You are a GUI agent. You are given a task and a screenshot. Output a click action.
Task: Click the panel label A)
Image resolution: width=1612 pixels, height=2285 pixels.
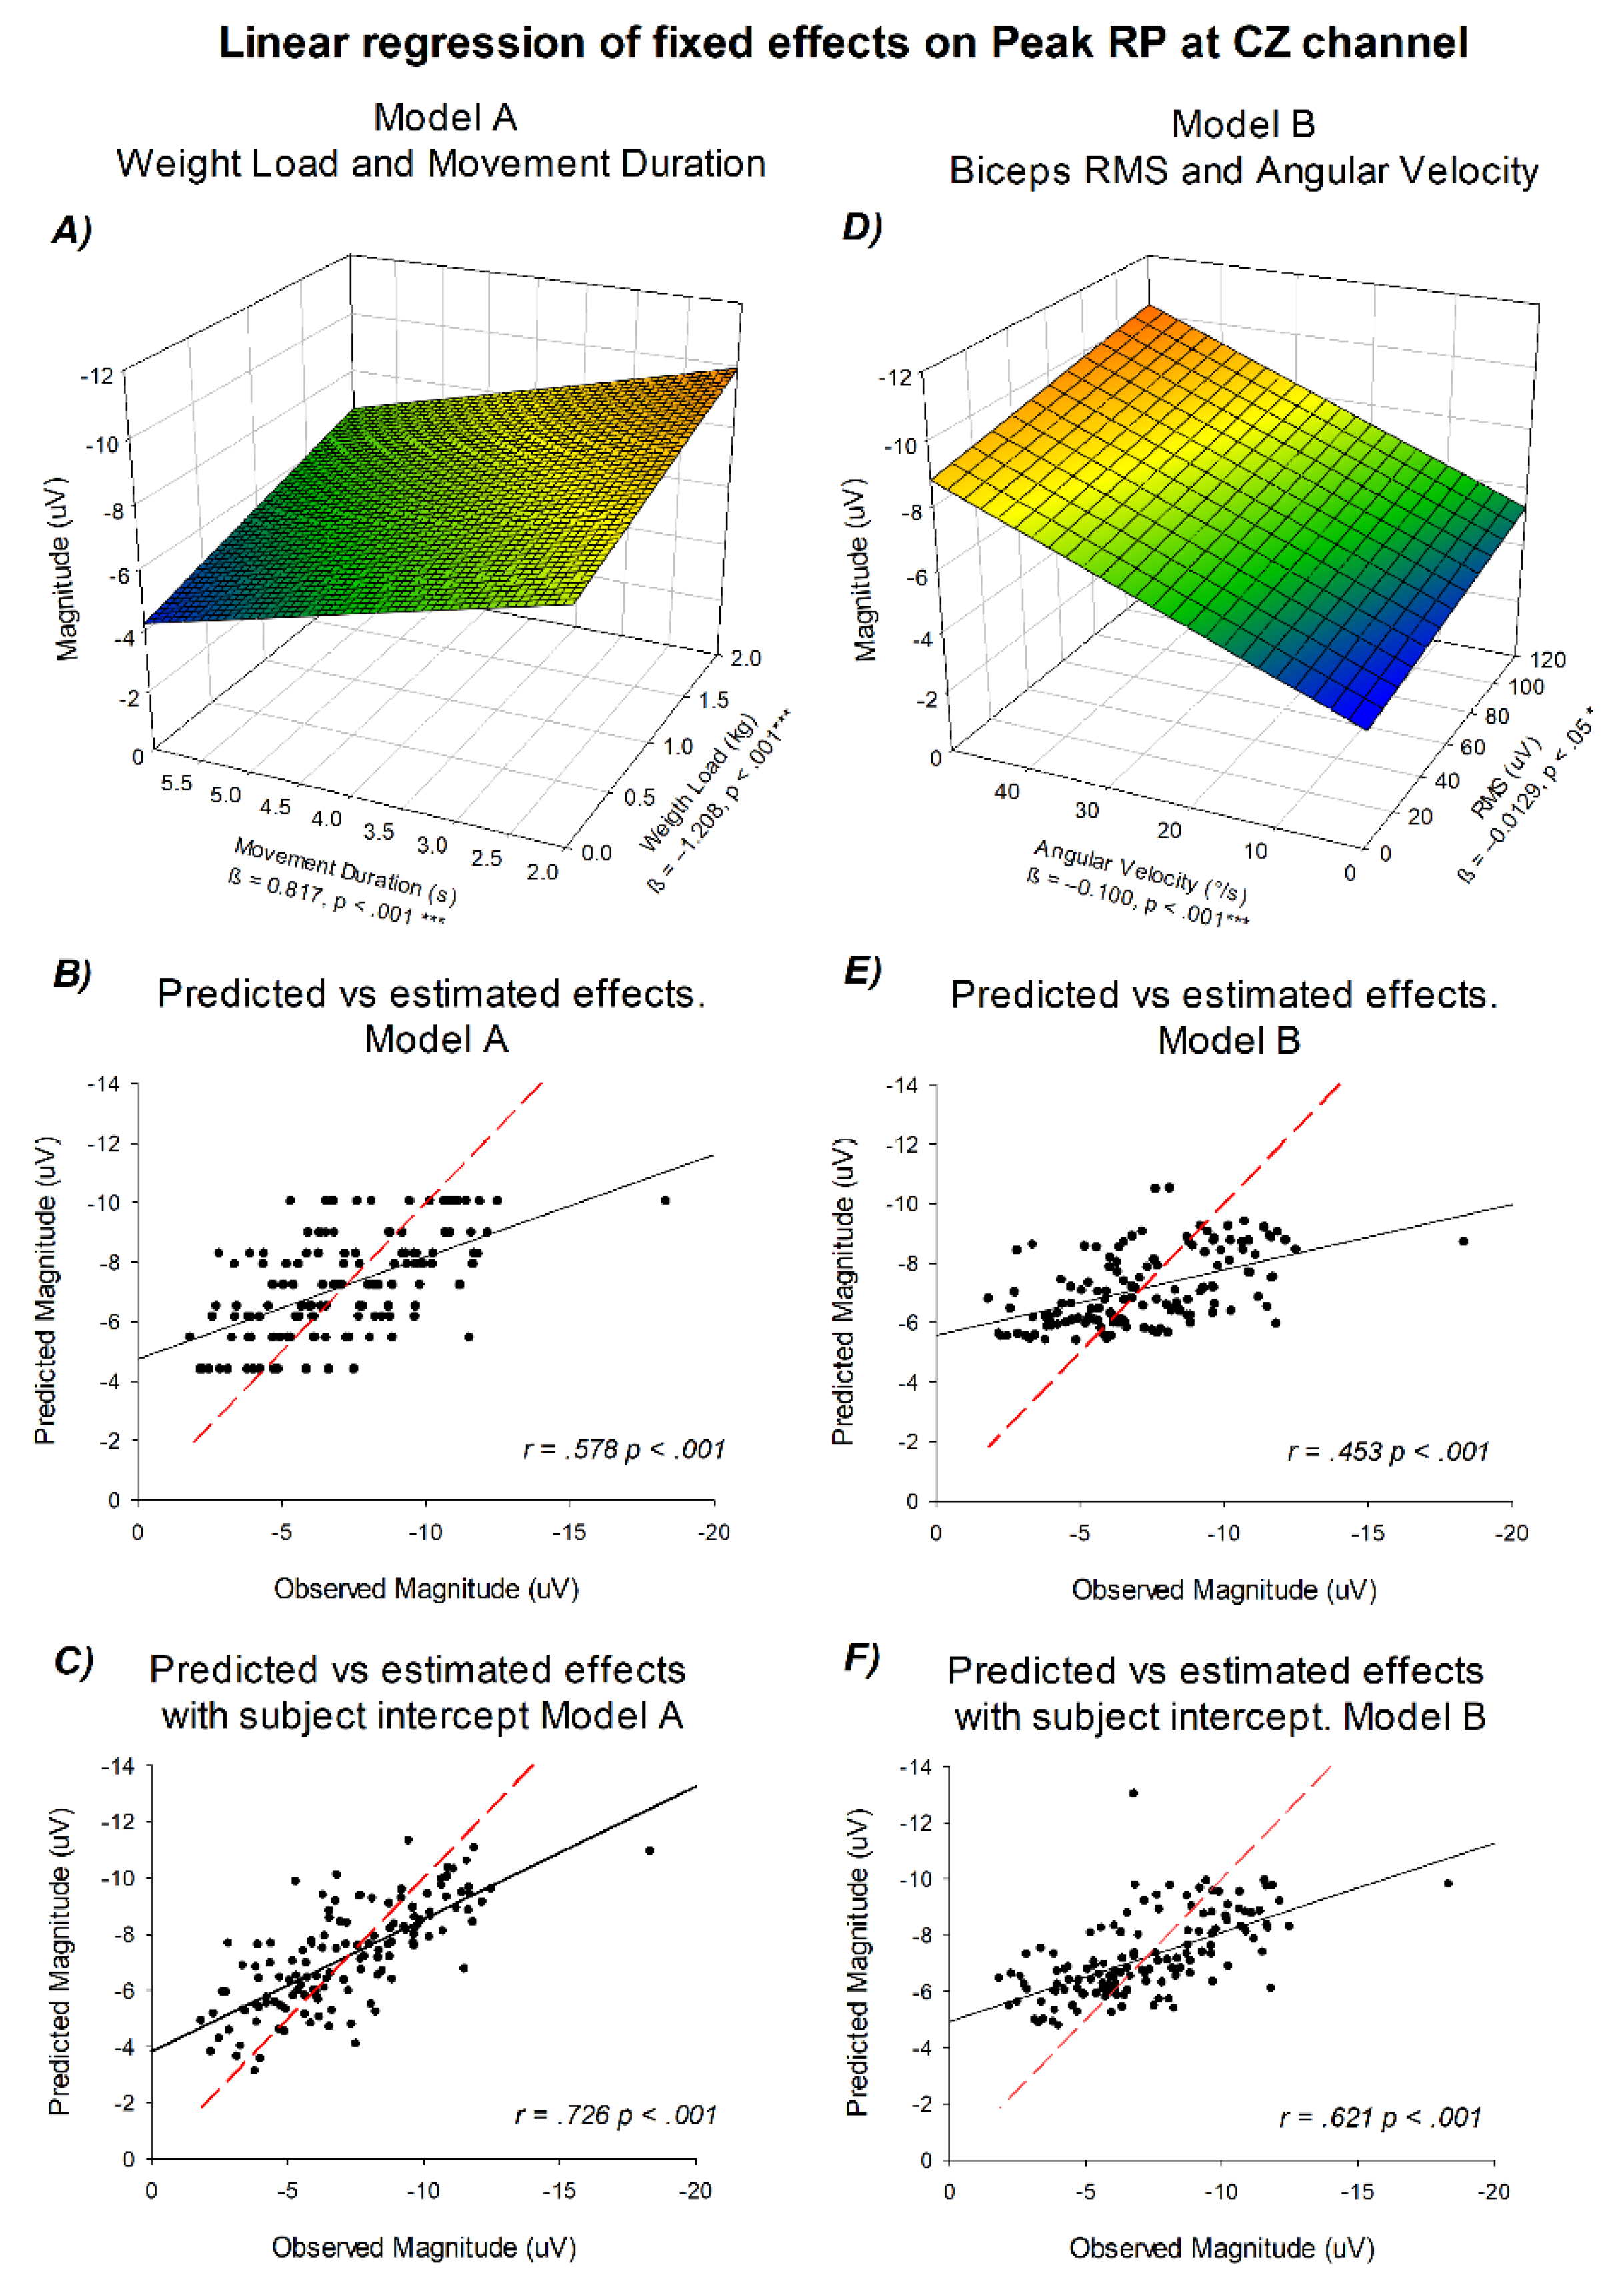pyautogui.click(x=71, y=230)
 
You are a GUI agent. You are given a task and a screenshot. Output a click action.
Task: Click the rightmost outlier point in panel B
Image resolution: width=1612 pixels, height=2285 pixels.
pyautogui.click(x=666, y=1201)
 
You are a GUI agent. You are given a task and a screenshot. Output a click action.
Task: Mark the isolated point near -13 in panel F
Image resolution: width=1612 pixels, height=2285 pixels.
pyautogui.click(x=1133, y=1793)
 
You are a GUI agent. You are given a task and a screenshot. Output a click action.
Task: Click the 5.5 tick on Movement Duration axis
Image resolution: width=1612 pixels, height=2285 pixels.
pyautogui.click(x=176, y=783)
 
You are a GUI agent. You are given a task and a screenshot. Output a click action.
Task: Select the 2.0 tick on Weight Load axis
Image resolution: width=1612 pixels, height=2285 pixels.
pyautogui.click(x=745, y=658)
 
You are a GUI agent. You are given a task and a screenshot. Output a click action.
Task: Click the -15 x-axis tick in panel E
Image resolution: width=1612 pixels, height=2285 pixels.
pyautogui.click(x=1367, y=1533)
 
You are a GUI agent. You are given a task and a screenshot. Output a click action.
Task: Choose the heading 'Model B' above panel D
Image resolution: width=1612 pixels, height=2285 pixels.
pyautogui.click(x=1242, y=125)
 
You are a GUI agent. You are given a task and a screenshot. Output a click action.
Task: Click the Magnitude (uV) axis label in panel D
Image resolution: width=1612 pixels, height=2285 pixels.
pyautogui.click(x=865, y=570)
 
